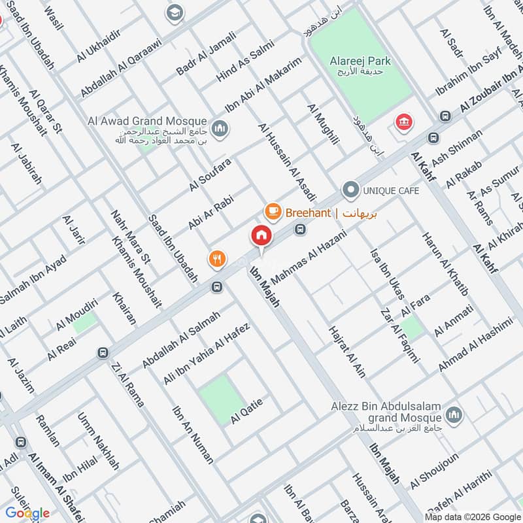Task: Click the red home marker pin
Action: pyautogui.click(x=261, y=236)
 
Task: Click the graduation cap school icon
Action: pyautogui.click(x=174, y=12)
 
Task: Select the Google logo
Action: pyautogui.click(x=27, y=513)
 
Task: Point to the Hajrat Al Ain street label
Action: pyautogui.click(x=347, y=351)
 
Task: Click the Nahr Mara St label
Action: pyautogui.click(x=131, y=235)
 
